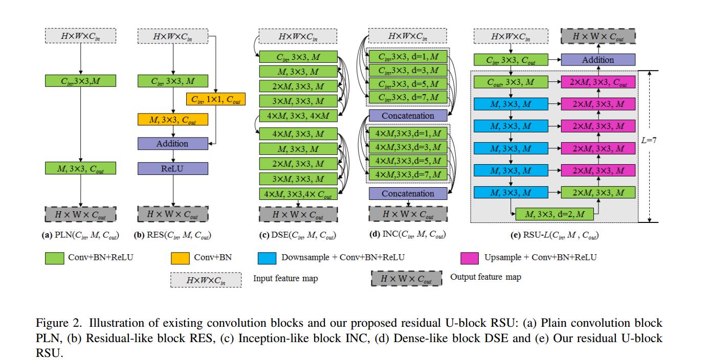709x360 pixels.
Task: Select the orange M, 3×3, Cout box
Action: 173,120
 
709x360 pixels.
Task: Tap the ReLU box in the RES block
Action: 173,168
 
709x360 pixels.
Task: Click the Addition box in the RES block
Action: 173,144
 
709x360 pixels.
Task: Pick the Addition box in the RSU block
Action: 598,60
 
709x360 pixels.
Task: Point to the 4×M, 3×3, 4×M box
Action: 298,116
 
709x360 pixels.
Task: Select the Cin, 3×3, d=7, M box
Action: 408,97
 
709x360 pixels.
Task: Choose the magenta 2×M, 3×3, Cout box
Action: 598,81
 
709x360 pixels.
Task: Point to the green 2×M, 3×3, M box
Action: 598,192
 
